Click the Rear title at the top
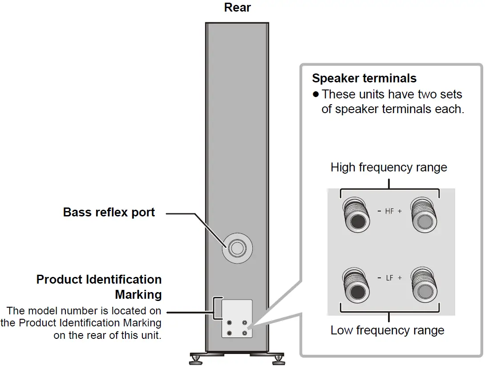(238, 8)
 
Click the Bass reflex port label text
(109, 212)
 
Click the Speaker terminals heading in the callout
(364, 78)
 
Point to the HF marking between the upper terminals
(389, 211)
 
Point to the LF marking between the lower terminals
(389, 278)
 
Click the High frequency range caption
(388, 168)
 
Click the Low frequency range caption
(387, 330)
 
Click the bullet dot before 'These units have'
(316, 94)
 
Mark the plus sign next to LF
(400, 278)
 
